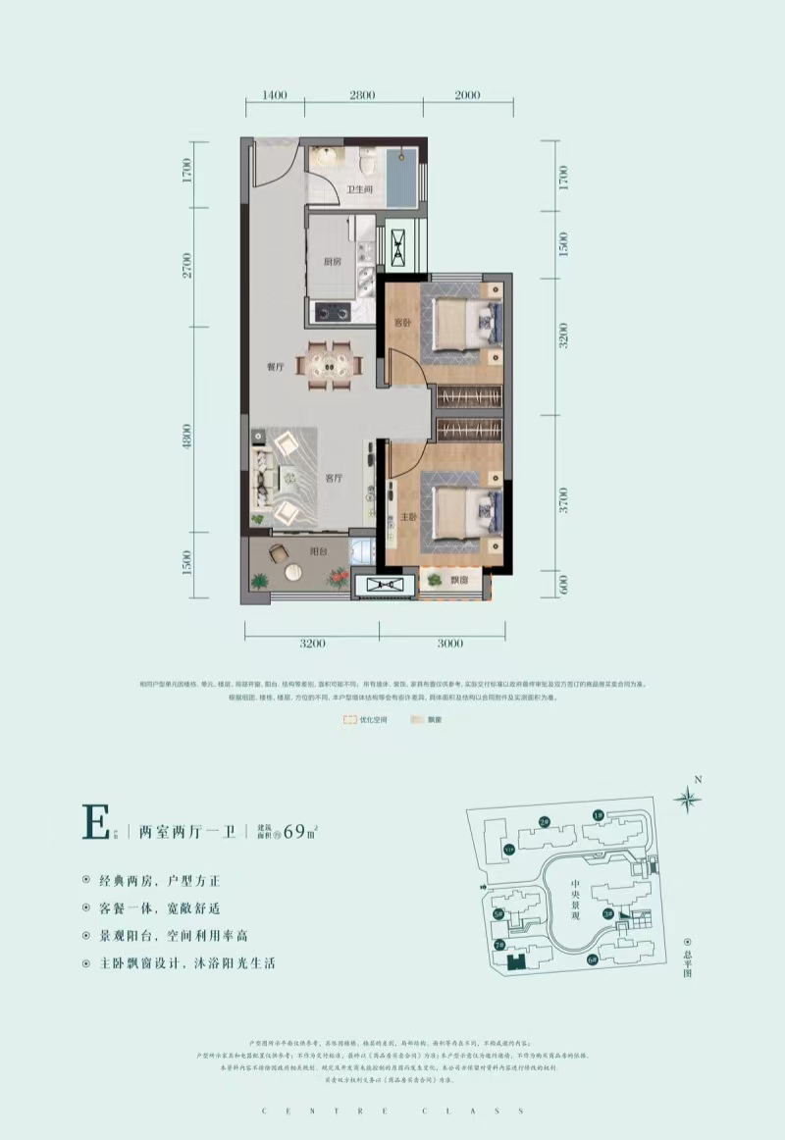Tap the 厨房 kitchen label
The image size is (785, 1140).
pos(331,262)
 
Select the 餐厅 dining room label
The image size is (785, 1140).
pos(274,367)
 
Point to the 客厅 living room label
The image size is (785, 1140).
pos(334,479)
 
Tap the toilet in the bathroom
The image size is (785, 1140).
pos(367,160)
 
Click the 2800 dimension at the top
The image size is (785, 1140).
pos(362,95)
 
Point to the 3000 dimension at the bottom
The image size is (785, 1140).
pos(448,644)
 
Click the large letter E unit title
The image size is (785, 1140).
pos(96,822)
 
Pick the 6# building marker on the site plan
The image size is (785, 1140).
pos(592,959)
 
